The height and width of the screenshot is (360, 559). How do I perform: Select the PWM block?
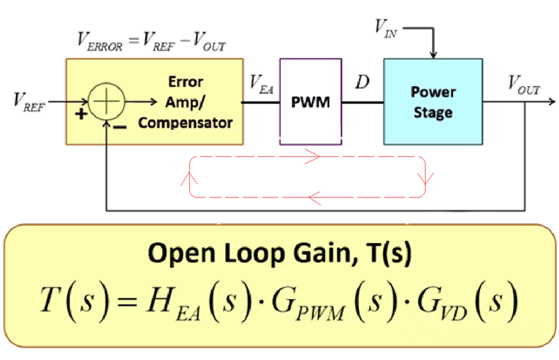[x=311, y=102]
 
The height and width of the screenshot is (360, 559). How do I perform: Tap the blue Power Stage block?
[x=433, y=102]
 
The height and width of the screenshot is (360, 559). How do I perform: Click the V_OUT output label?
[x=524, y=86]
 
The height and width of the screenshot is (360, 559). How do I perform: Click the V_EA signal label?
[x=261, y=83]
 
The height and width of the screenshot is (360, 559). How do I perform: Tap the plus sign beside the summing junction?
[x=80, y=115]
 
